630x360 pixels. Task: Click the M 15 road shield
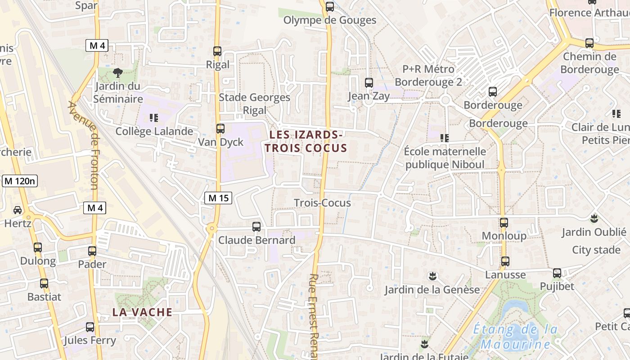(218, 198)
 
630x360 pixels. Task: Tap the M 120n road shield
(20, 181)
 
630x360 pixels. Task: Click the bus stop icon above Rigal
(217, 51)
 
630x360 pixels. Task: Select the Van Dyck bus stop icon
(220, 129)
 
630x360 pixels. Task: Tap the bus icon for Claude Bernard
(256, 227)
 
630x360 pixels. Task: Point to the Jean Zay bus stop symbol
(369, 83)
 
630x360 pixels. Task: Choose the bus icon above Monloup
(504, 223)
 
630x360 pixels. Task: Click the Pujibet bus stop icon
(557, 273)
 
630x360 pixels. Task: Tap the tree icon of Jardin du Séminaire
(118, 72)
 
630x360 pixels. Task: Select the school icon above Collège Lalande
(154, 118)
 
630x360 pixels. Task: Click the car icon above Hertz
(17, 210)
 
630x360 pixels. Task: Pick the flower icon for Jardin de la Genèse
(432, 275)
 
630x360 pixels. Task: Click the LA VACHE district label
(142, 312)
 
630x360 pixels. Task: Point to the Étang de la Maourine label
(516, 337)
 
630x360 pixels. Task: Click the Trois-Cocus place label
(322, 203)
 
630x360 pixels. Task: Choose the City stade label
(596, 250)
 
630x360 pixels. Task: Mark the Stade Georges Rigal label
(255, 103)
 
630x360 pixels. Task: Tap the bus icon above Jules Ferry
(90, 327)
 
